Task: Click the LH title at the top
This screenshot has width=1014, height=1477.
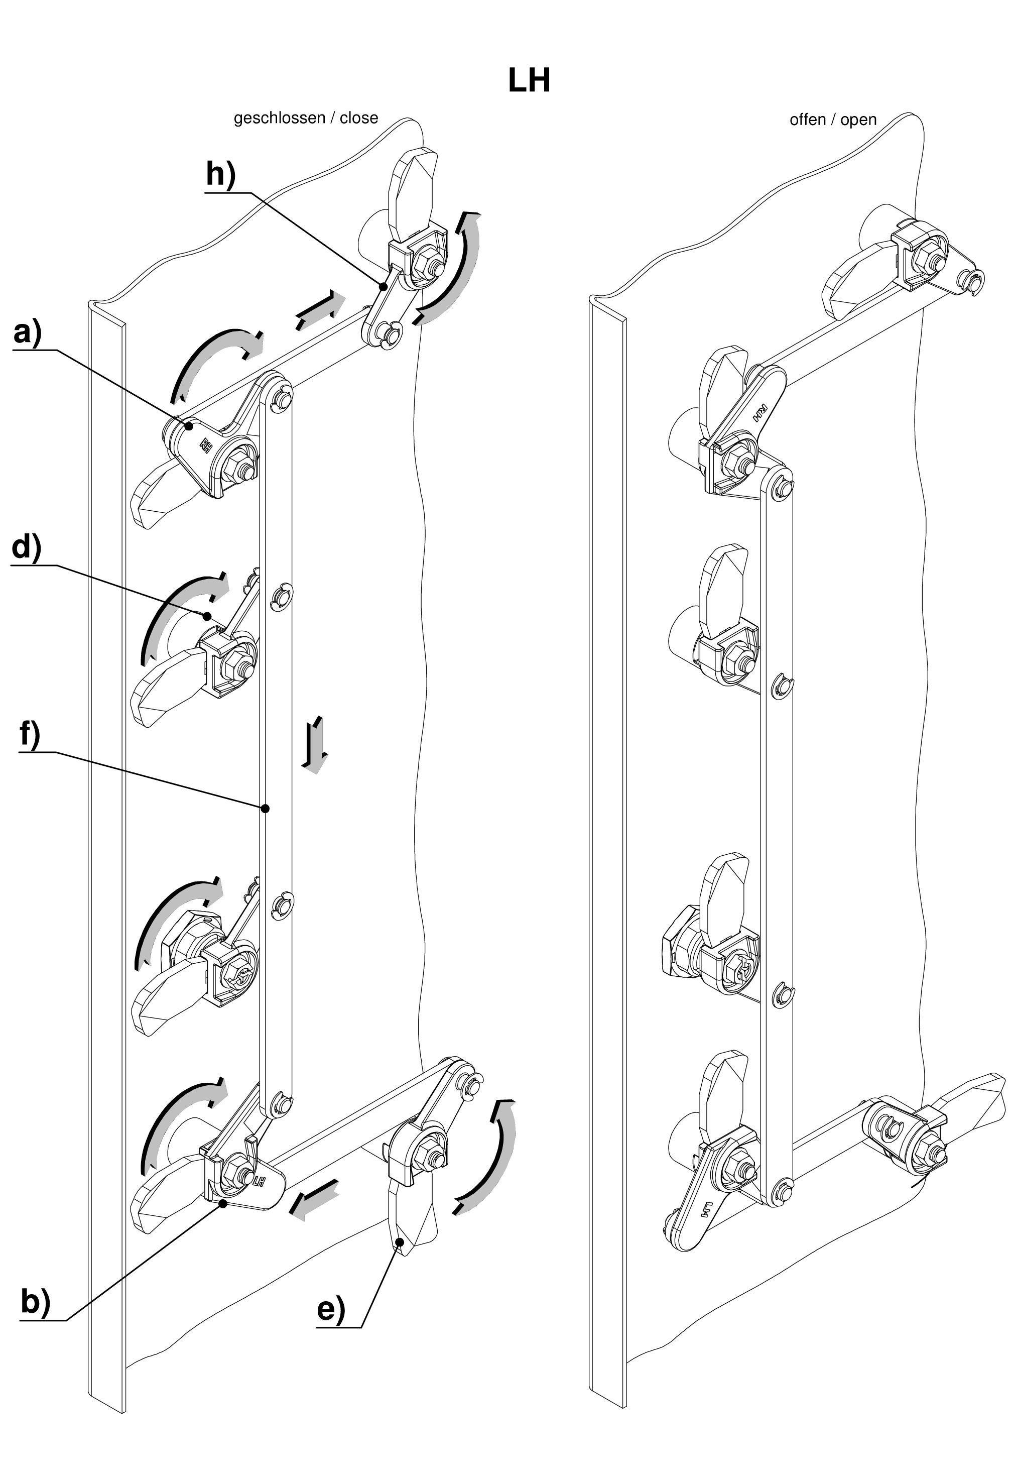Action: tap(529, 81)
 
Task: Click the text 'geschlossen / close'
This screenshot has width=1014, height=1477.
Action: tap(306, 118)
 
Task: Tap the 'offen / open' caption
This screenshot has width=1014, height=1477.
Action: tap(832, 120)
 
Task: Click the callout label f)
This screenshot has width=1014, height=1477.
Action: tap(30, 734)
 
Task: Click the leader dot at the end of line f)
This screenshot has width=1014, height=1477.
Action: tap(266, 809)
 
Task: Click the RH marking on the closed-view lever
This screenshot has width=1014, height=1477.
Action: tap(206, 443)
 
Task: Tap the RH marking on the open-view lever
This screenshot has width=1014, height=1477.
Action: tap(760, 413)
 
